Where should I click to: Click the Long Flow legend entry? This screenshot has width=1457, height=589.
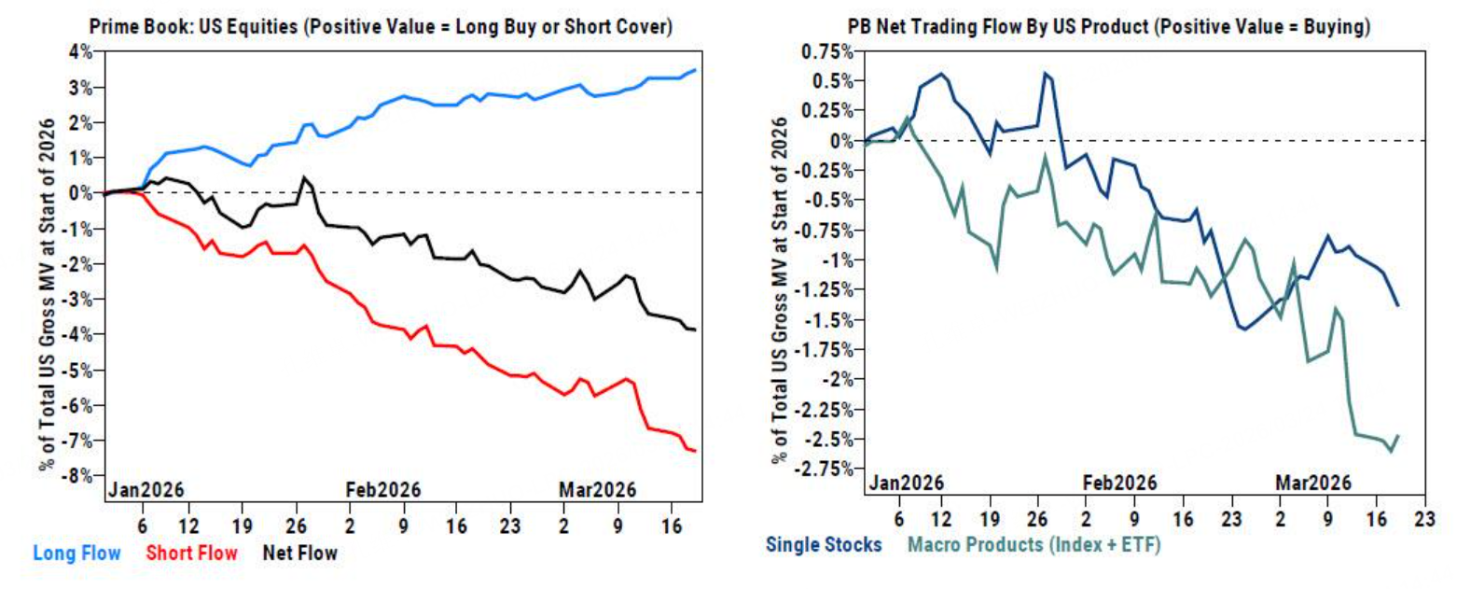click(x=76, y=554)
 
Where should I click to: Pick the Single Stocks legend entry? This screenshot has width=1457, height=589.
click(x=824, y=543)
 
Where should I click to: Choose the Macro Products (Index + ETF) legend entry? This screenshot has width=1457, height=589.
click(x=1021, y=543)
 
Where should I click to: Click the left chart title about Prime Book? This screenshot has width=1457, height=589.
click(x=382, y=28)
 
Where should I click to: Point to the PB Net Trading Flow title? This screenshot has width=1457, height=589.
click(x=1108, y=28)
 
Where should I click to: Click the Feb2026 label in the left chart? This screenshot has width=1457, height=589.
click(x=383, y=489)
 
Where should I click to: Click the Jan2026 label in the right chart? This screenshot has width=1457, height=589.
click(x=905, y=483)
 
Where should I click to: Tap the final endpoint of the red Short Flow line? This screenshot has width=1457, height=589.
click(x=695, y=452)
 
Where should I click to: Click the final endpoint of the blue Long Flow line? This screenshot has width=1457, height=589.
click(x=695, y=70)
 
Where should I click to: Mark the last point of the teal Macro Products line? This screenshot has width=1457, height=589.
click(x=1398, y=436)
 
